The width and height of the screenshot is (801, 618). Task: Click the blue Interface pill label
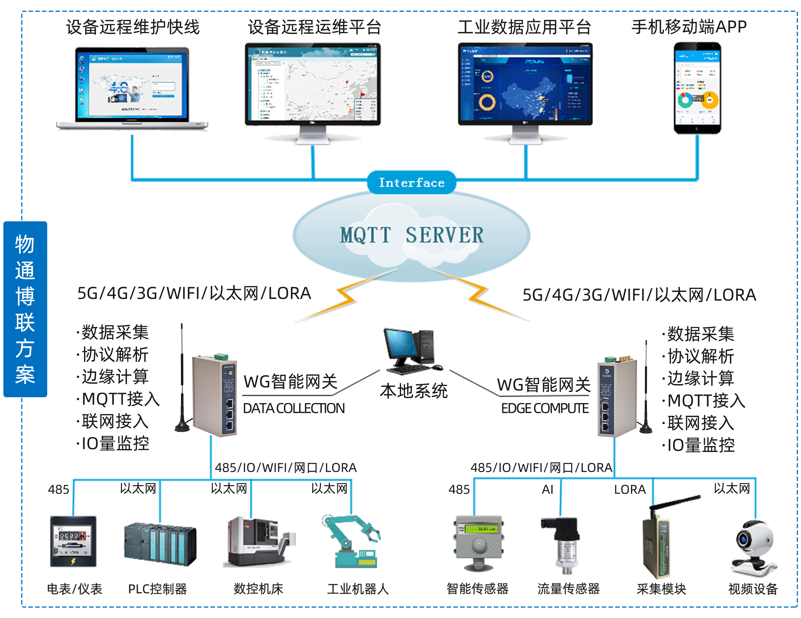411,182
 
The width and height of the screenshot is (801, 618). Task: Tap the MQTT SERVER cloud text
411,235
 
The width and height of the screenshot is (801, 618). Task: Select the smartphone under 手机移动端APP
697,88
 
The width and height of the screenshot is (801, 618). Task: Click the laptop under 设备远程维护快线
132,88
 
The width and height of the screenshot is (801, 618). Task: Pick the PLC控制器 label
157,589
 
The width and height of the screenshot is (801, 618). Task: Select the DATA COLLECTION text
293,408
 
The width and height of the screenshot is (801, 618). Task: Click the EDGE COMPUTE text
545,408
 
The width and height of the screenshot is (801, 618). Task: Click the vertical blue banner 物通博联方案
25,309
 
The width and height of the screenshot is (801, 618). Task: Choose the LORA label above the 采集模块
630,489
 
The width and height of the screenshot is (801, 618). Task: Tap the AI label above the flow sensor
547,489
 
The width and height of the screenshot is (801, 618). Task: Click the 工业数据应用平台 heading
524,27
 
